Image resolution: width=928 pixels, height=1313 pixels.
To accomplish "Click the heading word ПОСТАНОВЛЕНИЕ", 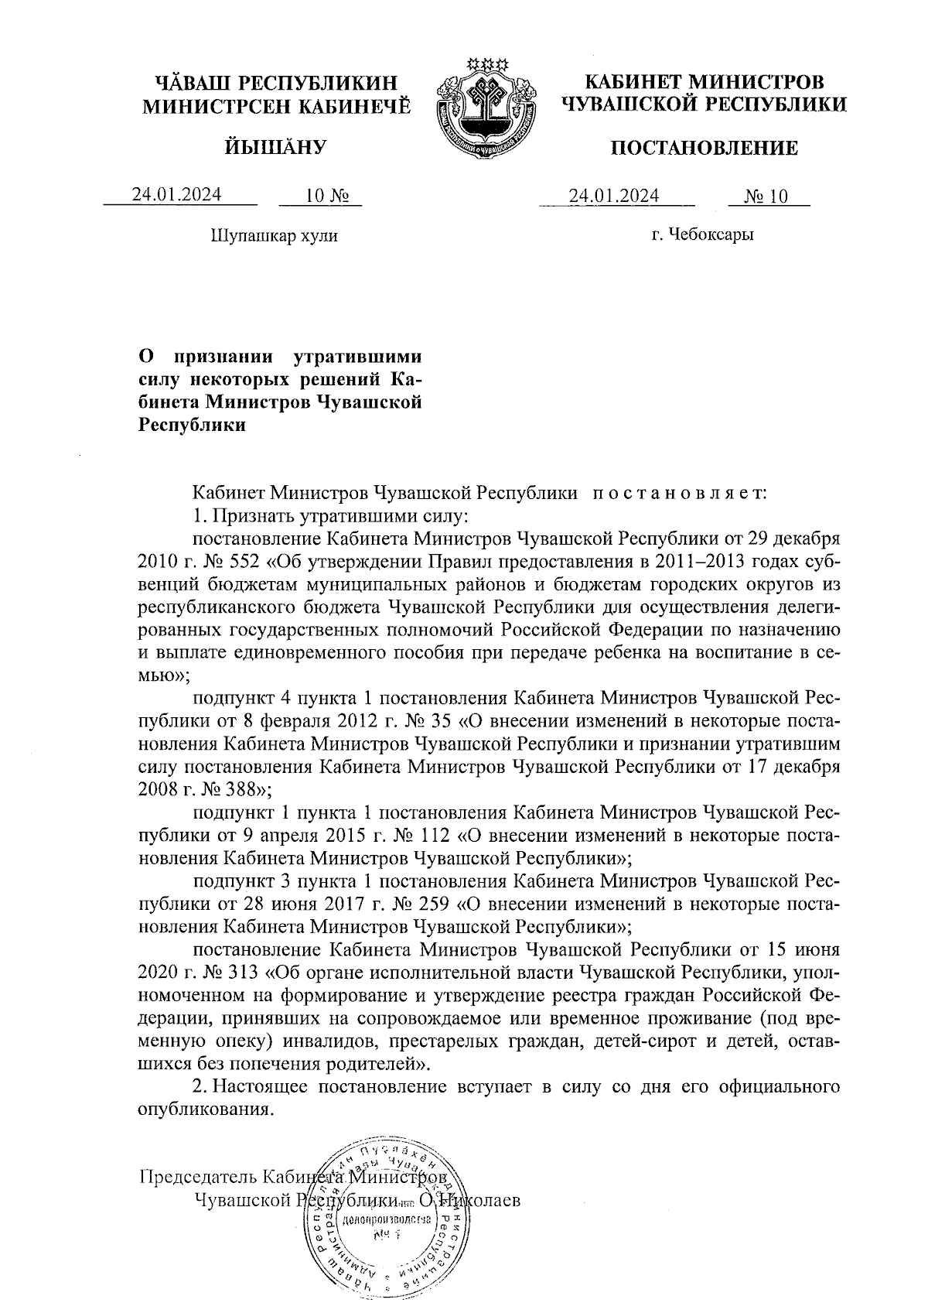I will coord(704,148).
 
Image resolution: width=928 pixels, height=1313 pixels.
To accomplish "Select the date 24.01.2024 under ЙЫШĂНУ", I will coord(176,194).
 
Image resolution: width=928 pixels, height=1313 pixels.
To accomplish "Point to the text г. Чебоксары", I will coord(702,234).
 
